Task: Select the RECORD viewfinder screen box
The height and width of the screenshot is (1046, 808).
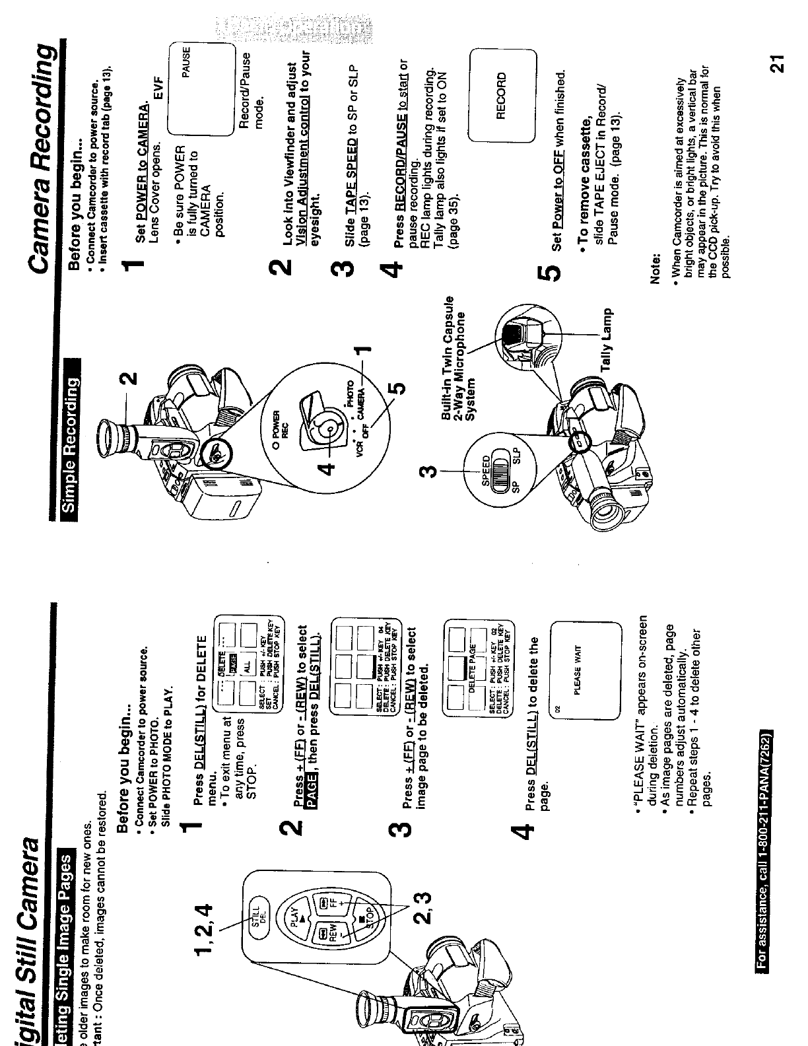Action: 501,96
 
